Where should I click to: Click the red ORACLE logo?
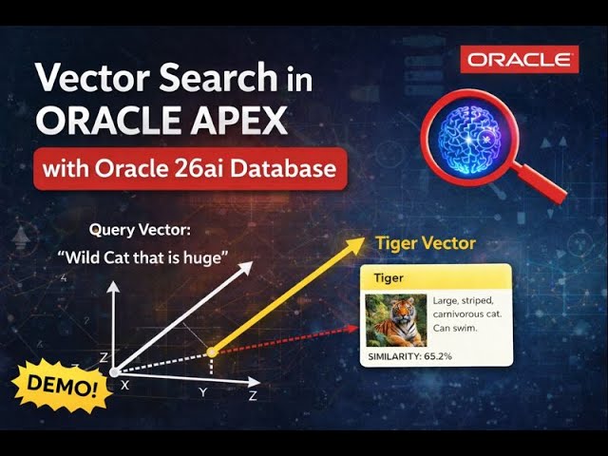520,60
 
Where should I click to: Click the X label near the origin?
125,385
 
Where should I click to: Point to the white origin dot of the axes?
113,371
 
